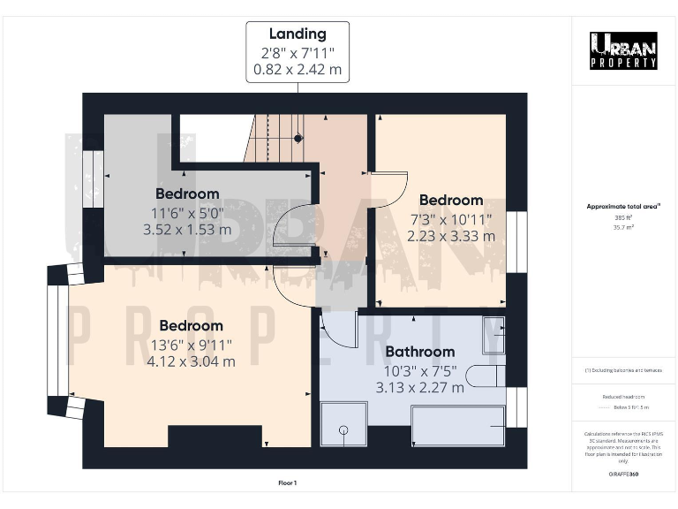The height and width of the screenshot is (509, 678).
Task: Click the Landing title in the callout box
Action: coord(297,34)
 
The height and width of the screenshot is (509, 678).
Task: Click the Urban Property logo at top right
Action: coord(623,50)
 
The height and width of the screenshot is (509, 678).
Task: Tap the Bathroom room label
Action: coord(419,351)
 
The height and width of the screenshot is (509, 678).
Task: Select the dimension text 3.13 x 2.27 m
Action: coord(419,388)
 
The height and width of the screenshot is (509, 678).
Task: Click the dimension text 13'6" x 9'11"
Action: coord(190,344)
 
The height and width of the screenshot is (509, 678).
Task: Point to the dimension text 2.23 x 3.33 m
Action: coord(450,236)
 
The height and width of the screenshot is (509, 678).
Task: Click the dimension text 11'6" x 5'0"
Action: coord(187,212)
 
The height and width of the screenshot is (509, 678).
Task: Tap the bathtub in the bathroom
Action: coord(457,426)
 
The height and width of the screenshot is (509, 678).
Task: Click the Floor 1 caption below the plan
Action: coord(288,482)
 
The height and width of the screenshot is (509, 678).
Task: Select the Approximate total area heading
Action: coord(623,206)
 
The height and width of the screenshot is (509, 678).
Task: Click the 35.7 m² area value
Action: coord(623,226)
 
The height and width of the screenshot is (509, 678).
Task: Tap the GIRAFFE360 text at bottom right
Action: coord(623,475)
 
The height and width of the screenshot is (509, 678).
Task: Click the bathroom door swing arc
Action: coord(333,332)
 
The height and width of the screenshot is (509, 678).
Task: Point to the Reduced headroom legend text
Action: coord(623,397)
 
